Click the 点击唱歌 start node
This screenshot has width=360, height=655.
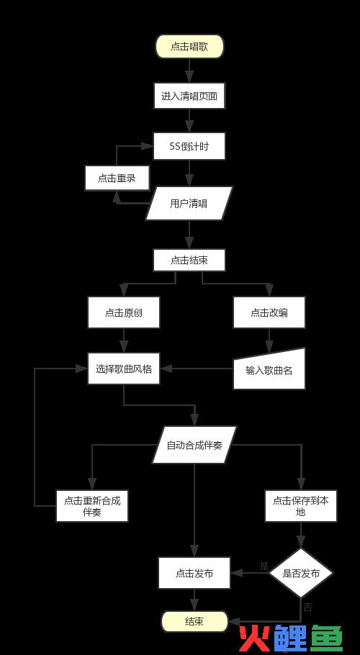click(189, 46)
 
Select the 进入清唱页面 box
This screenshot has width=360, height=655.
click(189, 96)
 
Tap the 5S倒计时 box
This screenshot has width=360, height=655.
click(189, 146)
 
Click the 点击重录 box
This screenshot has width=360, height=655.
click(117, 178)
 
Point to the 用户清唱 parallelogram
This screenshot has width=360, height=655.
click(189, 204)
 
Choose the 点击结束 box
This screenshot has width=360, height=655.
click(189, 261)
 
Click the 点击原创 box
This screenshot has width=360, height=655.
click(124, 312)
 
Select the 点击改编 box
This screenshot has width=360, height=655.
click(269, 312)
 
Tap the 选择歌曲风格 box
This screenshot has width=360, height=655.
click(124, 369)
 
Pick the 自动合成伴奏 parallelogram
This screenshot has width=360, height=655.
click(194, 445)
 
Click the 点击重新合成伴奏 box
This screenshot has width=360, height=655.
click(92, 506)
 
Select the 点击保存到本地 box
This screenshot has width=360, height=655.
click(301, 506)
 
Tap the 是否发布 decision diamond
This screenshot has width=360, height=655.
click(301, 573)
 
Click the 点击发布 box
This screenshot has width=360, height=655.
click(194, 573)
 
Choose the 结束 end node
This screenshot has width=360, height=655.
click(194, 621)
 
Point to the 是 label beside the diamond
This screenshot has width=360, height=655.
click(264, 566)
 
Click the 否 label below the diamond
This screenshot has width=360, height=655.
click(307, 607)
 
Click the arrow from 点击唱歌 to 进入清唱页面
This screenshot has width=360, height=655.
click(189, 71)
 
